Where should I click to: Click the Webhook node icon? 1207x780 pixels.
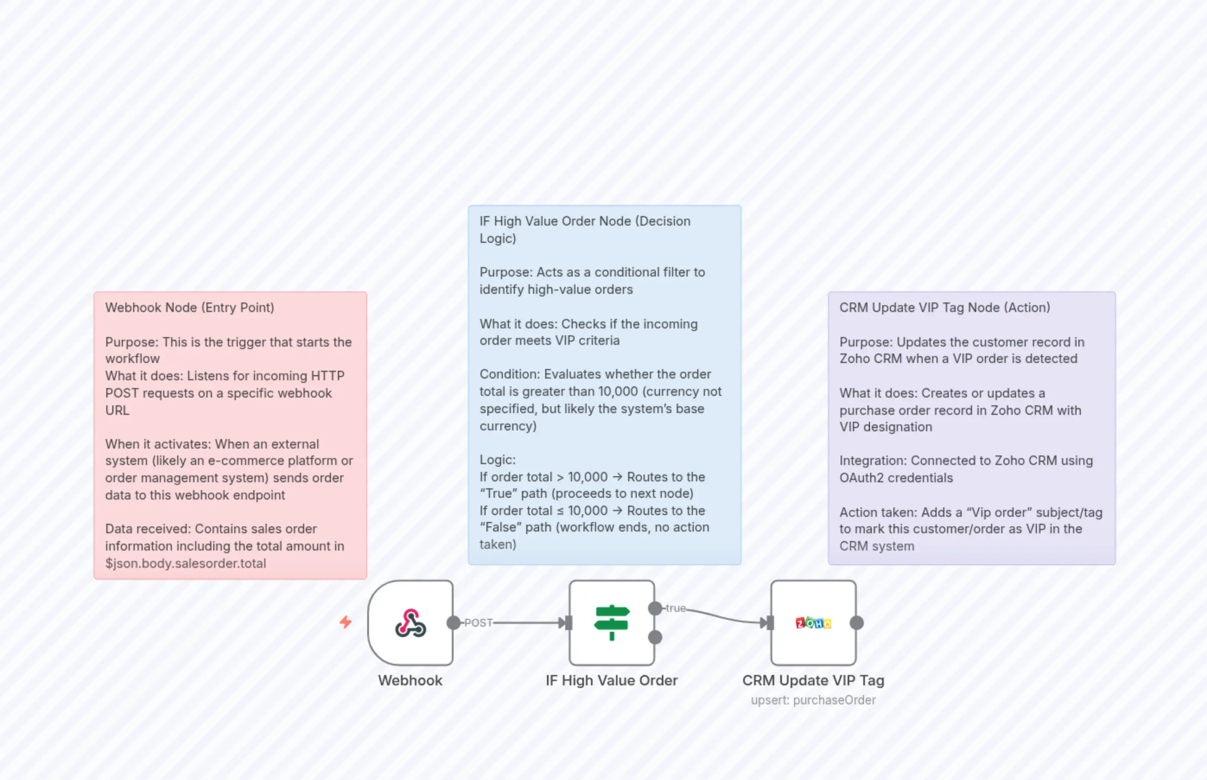pos(410,623)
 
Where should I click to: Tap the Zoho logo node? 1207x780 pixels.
pos(813,623)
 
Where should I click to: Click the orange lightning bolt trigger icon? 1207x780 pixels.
pos(346,621)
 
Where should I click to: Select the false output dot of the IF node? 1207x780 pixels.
pos(655,637)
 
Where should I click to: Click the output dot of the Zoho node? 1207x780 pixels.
pos(857,623)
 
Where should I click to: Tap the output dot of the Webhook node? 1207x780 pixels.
pos(454,623)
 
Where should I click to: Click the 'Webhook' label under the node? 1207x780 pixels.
pos(410,680)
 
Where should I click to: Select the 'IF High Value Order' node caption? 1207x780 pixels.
pos(612,680)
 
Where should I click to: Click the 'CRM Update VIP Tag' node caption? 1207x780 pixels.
pos(813,680)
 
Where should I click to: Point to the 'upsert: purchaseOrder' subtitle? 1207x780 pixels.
pos(813,700)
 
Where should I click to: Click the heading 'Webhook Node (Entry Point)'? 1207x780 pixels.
pos(190,307)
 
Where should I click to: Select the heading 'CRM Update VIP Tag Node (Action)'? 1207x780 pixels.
pos(945,307)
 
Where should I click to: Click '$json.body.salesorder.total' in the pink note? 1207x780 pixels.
pos(185,563)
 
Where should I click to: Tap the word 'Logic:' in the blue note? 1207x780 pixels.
pos(498,459)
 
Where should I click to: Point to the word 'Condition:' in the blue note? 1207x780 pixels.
pos(510,374)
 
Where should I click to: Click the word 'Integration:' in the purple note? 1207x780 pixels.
pos(873,460)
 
